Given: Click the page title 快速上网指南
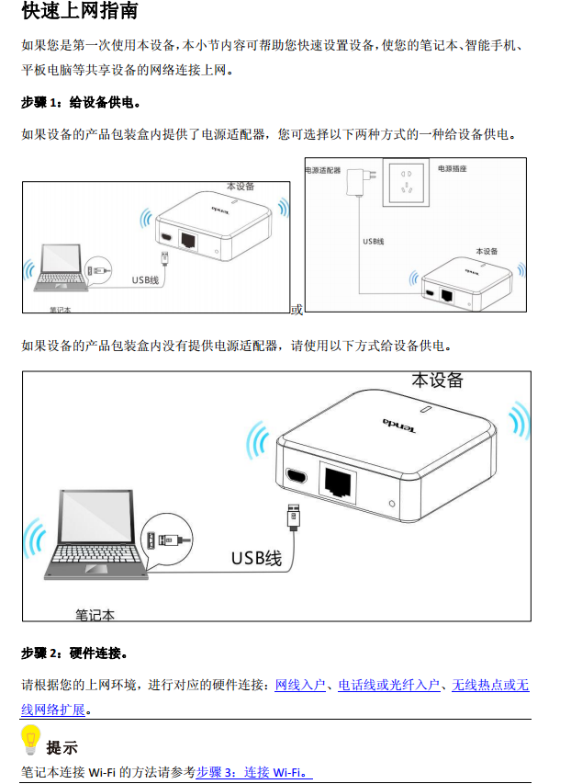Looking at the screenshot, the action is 80,10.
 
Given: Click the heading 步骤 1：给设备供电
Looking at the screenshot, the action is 81,103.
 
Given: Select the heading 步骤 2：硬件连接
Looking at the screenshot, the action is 74,653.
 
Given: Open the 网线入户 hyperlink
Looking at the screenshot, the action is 300,685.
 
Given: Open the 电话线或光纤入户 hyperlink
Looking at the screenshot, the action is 389,685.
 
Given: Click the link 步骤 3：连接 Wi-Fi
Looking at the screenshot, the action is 253,772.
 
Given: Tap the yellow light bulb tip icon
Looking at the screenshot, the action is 30,740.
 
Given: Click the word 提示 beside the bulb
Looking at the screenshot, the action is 62,748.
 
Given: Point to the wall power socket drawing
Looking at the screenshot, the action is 406,182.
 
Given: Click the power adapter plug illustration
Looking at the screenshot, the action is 362,181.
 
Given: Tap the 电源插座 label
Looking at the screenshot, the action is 452,169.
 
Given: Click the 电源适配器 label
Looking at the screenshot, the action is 323,171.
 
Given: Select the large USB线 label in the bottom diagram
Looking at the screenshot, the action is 256,558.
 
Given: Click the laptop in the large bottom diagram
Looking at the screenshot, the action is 95,535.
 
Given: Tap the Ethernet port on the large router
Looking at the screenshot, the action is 338,482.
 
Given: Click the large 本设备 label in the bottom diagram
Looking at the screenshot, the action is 437,381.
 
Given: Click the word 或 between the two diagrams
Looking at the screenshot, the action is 297,310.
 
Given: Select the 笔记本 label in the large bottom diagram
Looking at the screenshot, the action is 95,615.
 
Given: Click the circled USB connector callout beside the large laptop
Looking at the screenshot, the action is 167,540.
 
